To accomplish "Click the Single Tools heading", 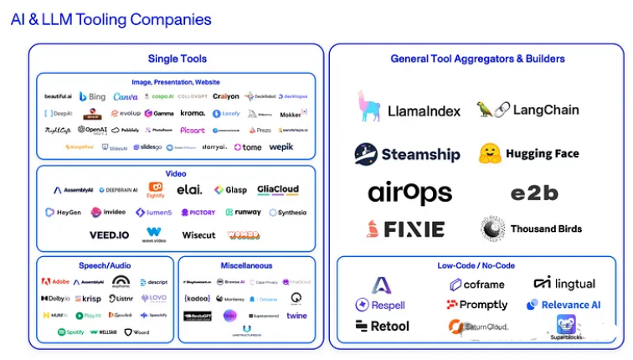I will pos(177,59).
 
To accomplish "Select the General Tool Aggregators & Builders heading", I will pos(477,59).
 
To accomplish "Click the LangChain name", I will pos(545,110).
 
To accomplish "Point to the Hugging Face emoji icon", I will pos(490,153).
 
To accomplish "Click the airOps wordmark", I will pos(409,193).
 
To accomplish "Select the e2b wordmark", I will pos(534,193).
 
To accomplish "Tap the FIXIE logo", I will pos(405,229).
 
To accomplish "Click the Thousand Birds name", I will pos(546,229).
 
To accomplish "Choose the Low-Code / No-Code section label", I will pos(476,265).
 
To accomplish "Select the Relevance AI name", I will pos(571,306).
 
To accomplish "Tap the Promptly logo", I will pos(476,306).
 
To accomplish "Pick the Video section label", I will pos(176,173).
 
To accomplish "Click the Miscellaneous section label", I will pos(246,265).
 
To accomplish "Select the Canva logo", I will pos(126,97).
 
